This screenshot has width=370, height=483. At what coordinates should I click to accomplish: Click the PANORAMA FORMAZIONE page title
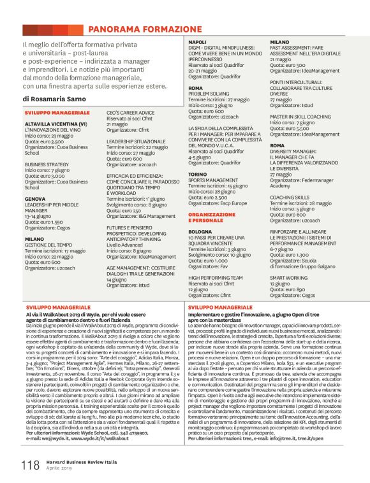145,29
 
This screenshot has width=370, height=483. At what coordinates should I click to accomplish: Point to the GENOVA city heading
35,198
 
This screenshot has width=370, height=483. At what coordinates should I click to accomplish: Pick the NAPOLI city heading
197,42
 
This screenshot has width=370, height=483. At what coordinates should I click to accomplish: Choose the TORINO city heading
198,173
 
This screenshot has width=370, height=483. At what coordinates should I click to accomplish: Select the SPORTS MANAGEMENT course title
214,180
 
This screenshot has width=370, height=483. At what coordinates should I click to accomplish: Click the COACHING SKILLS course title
290,198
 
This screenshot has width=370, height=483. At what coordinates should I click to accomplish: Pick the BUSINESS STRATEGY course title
48,164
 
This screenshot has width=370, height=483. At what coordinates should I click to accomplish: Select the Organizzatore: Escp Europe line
218,203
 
